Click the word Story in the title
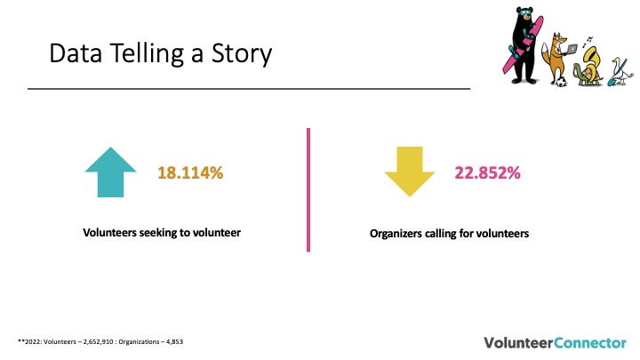coord(242,54)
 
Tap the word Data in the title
coord(76,53)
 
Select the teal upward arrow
coord(110,172)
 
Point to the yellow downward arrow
coord(410,172)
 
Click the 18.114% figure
coord(190,172)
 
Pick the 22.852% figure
coord(487,172)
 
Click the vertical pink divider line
coord(308,190)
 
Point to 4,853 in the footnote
coord(175,341)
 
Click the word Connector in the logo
coord(590,342)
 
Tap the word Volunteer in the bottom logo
coord(519,342)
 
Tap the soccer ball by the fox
coord(561,81)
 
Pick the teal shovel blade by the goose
coord(612,82)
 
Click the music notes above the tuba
coord(588,41)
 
